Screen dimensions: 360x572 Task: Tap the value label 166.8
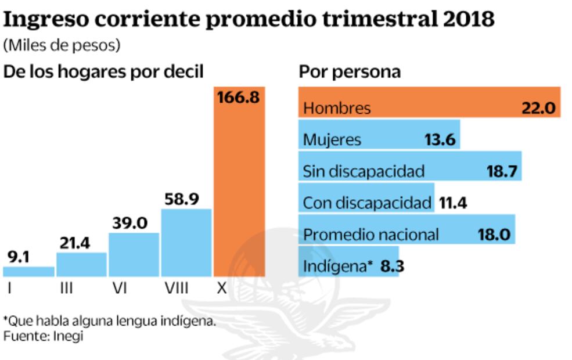click(x=239, y=98)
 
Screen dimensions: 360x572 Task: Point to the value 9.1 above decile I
click(x=19, y=257)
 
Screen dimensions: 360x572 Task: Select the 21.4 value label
click(x=73, y=243)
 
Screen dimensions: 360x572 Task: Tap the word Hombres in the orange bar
click(x=337, y=108)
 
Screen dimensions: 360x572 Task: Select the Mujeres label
click(x=332, y=140)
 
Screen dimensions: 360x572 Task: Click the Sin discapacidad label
click(x=364, y=171)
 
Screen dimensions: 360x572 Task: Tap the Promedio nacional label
click(x=371, y=235)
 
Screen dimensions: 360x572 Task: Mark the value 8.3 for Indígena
click(x=392, y=267)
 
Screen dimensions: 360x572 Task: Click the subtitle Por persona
click(x=350, y=72)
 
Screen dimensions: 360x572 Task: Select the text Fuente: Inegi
click(x=43, y=336)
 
